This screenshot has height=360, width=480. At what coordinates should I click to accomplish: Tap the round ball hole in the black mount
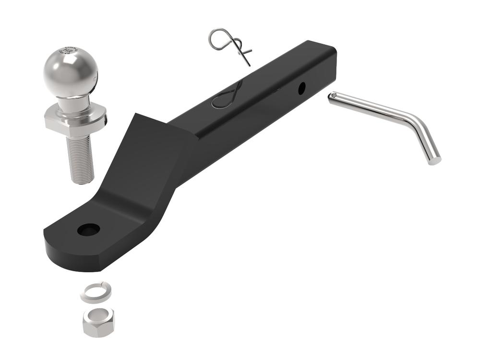click(x=88, y=229)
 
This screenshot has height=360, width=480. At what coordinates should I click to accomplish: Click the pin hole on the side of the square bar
click(x=301, y=88)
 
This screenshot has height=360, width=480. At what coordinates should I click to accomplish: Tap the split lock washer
click(x=96, y=291)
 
